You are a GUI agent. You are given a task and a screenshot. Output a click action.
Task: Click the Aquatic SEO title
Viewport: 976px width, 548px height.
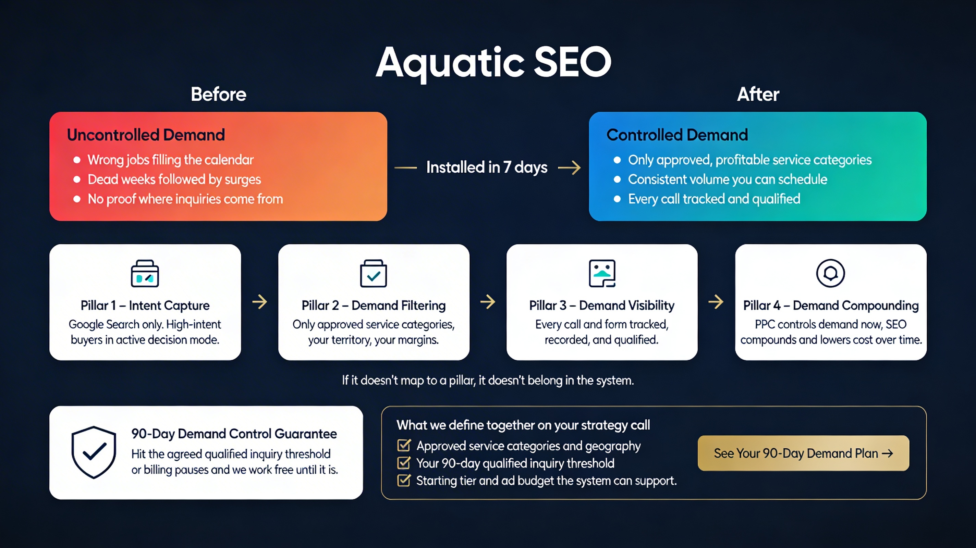[493, 62]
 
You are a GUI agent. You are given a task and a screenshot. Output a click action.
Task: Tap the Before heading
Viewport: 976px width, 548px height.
[218, 94]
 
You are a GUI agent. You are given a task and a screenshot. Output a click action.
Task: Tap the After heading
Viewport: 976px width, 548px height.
[758, 94]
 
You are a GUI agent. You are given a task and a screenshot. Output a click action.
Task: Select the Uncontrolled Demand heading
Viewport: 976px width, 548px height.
[146, 135]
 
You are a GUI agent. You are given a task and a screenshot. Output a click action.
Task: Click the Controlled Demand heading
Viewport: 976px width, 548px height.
[677, 135]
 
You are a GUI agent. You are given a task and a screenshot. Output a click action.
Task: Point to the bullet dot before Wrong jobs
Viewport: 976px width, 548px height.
[77, 160]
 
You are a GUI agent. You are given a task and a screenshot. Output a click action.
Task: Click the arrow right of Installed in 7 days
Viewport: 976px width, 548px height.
[569, 167]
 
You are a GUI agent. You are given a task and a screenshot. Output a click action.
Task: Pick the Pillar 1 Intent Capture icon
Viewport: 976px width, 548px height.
[145, 273]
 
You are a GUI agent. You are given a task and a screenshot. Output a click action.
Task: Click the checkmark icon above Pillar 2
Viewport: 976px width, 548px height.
[373, 273]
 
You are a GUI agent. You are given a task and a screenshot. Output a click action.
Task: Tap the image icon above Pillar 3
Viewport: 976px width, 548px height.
[602, 273]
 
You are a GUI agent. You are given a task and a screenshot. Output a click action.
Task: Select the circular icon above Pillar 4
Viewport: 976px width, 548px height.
[830, 273]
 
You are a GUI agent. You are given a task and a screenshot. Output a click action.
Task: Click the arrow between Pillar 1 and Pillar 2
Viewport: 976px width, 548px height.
[259, 302]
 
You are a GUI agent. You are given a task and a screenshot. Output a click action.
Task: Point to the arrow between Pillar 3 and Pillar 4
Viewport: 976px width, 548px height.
[716, 302]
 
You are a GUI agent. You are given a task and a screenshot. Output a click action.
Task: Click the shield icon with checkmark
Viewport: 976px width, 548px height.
[94, 452]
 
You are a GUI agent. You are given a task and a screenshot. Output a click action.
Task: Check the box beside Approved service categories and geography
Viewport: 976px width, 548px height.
[404, 445]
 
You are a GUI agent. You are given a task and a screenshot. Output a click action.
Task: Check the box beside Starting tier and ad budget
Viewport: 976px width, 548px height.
[404, 480]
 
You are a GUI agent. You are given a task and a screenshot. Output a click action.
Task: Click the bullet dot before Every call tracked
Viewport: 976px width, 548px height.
[617, 199]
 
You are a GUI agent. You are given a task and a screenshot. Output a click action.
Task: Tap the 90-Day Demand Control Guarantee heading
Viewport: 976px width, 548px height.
[234, 434]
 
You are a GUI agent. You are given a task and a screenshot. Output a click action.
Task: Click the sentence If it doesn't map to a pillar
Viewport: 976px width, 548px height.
[488, 380]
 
